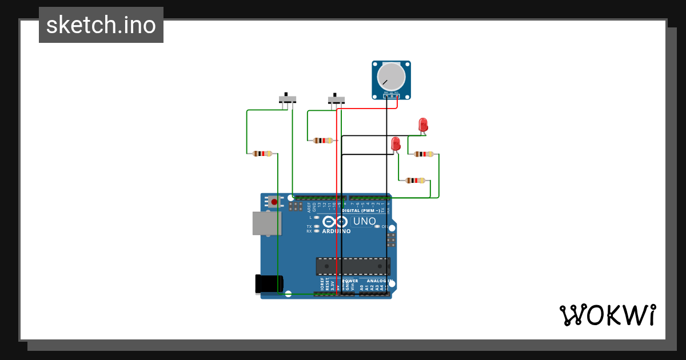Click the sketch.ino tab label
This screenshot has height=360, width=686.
click(101, 25)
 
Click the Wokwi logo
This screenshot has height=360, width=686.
click(607, 315)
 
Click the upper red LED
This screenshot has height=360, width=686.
click(423, 124)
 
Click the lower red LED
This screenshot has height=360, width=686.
click(396, 144)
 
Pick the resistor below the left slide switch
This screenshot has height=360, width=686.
click(262, 153)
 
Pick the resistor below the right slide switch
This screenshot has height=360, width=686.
click(323, 140)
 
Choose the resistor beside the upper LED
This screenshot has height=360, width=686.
click(424, 154)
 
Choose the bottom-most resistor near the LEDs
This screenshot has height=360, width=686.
click(416, 181)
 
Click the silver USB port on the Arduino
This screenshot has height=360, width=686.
click(266, 223)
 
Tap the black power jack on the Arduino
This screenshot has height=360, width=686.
click(269, 284)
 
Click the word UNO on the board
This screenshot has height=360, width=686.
click(364, 221)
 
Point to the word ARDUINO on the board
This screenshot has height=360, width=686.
click(336, 231)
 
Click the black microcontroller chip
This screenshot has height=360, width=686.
click(353, 266)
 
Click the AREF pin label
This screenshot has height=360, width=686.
click(309, 207)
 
